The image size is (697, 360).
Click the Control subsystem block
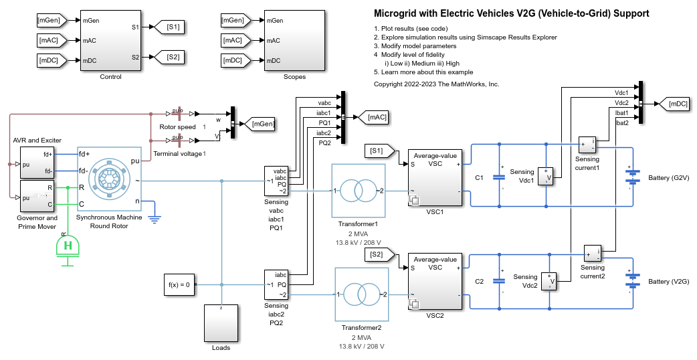[110, 40]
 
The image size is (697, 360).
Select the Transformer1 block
[358, 191]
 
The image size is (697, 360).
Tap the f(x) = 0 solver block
[179, 284]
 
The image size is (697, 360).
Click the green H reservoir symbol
[67, 247]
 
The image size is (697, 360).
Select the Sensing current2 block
[592, 253]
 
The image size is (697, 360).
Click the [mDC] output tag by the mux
[674, 104]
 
